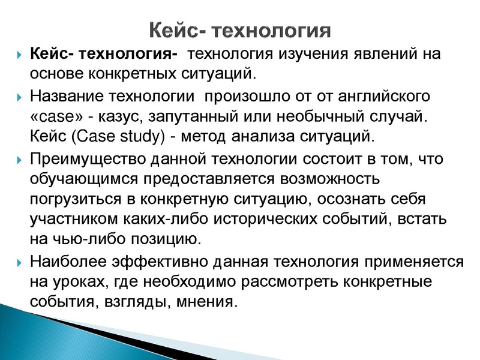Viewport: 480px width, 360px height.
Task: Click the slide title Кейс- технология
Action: [x=240, y=31]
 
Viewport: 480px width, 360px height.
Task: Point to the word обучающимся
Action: [x=84, y=180]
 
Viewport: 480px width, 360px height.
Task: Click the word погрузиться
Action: [x=78, y=200]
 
